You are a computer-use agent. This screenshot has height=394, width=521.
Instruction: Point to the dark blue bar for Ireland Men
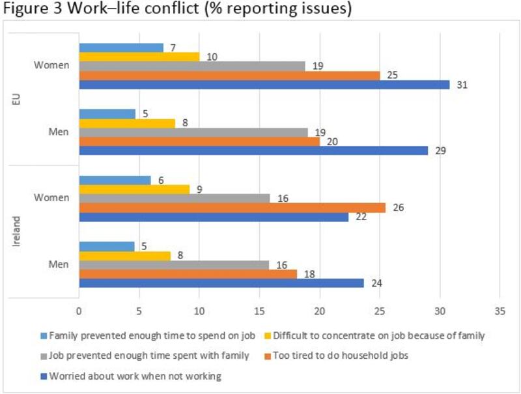point(221,283)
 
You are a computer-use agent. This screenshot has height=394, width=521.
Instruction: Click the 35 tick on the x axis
point(500,312)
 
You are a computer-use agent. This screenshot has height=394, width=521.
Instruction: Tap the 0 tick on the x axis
point(79,312)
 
